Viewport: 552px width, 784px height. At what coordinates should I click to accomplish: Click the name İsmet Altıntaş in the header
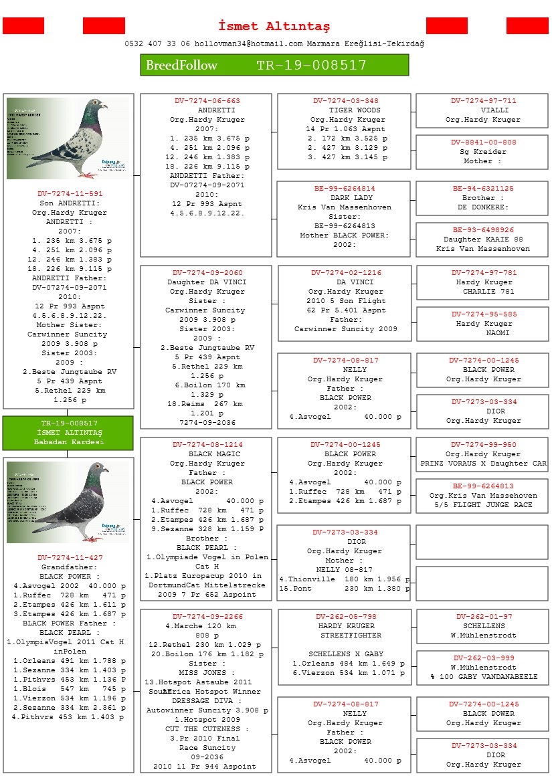[274, 26]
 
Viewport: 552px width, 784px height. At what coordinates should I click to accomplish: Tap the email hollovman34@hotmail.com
[248, 43]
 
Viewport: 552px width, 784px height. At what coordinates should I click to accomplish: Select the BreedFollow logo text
[182, 65]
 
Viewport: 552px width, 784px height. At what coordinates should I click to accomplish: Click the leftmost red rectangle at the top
[23, 26]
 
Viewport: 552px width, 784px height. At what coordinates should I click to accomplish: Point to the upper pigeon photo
[68, 138]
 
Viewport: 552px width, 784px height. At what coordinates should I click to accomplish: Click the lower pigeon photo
[68, 502]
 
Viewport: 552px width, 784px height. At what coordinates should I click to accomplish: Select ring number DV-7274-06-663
[207, 101]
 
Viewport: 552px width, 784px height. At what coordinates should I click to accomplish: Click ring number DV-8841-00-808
[483, 142]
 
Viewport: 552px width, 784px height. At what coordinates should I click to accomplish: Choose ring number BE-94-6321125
[483, 189]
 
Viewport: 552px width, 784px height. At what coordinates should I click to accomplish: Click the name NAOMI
[498, 333]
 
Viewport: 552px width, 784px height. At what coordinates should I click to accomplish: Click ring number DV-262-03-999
[484, 658]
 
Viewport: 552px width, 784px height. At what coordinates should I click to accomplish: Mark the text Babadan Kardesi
[69, 442]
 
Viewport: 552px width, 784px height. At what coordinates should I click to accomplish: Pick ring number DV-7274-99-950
[483, 445]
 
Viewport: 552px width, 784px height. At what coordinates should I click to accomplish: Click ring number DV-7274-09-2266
[207, 617]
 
